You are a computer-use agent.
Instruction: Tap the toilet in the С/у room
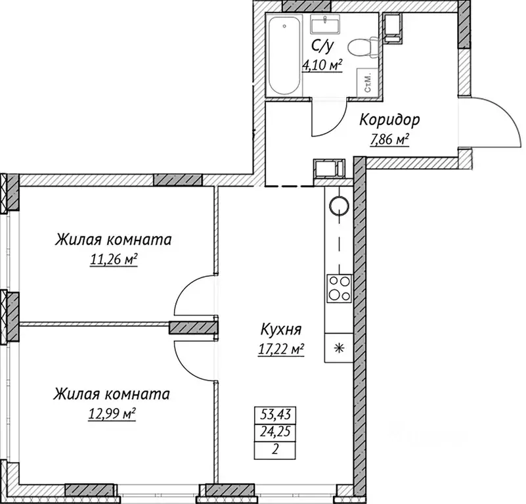[363, 47]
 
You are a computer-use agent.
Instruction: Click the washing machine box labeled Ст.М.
[366, 82]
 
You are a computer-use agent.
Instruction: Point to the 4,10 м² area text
[322, 65]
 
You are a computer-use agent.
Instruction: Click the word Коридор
[389, 120]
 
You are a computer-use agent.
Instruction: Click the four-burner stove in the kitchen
[340, 287]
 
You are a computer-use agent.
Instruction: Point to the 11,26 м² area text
[114, 260]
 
